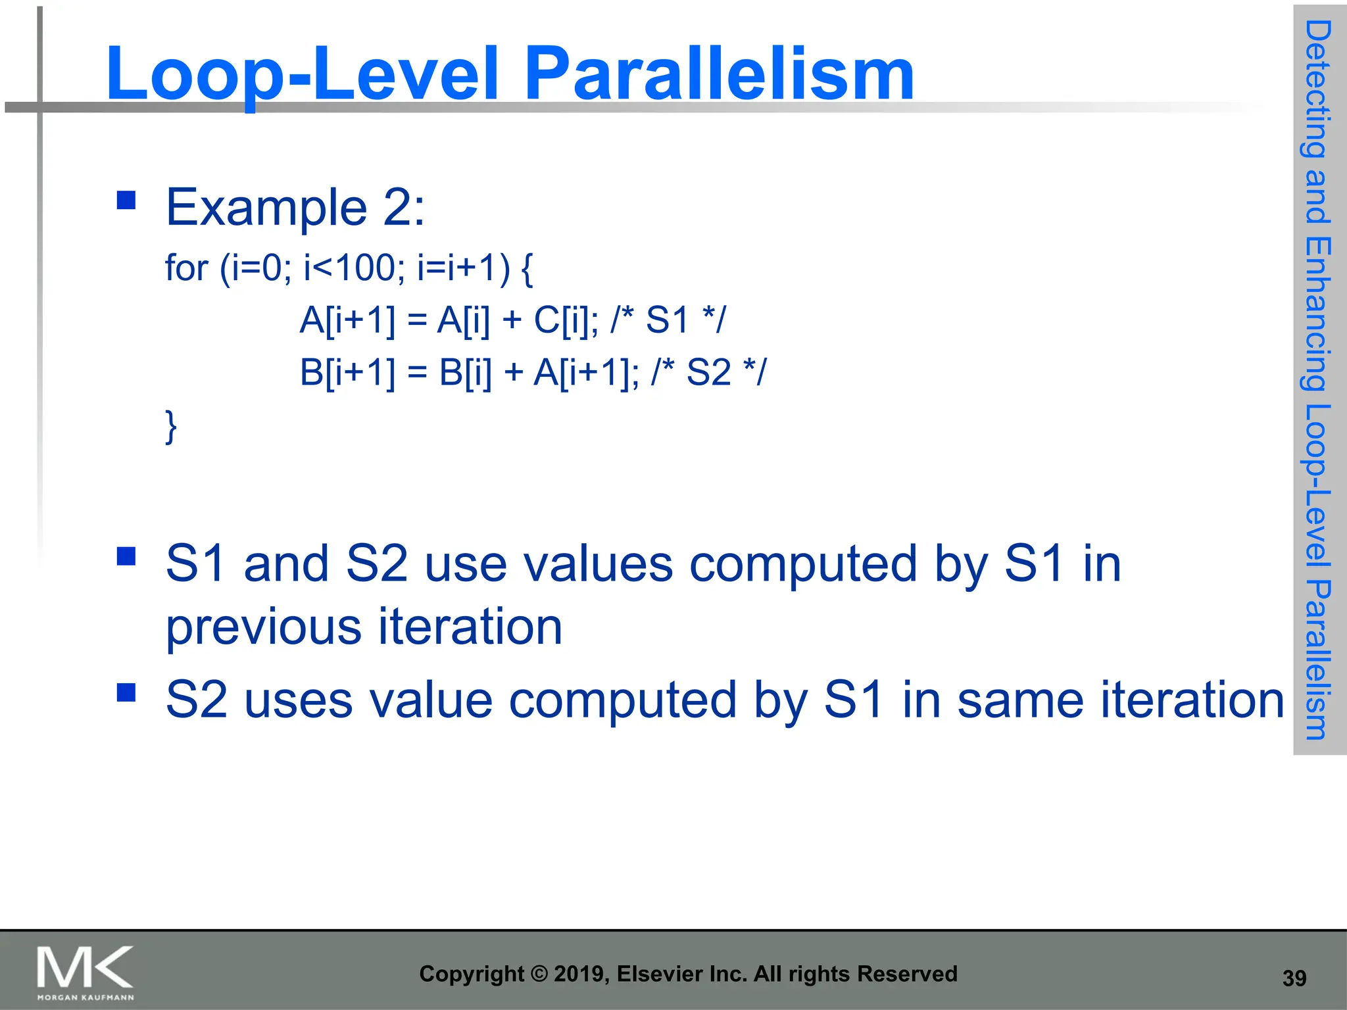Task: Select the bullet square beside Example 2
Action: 126,200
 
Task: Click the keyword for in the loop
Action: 186,268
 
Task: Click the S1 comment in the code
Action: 668,321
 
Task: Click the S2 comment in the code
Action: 709,373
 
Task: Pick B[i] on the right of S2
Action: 465,373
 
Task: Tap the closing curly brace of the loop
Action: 171,427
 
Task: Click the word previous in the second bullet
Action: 263,627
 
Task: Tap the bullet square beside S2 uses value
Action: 126,692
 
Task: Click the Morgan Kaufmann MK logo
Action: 85,972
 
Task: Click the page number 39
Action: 1294,978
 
